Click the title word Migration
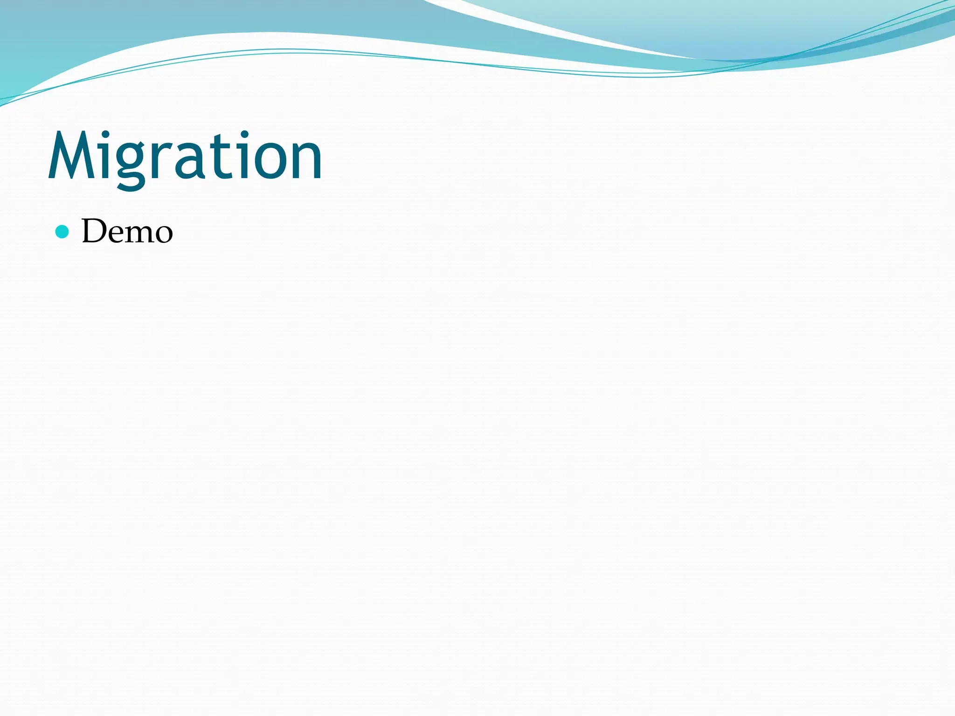(185, 156)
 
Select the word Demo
(127, 231)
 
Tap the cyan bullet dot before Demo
(62, 232)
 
